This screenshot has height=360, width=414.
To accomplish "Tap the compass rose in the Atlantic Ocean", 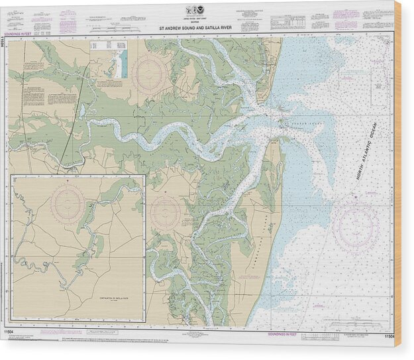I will [355, 225].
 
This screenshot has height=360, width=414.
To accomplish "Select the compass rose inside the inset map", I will [68, 201].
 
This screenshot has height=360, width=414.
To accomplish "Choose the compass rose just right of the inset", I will [166, 212].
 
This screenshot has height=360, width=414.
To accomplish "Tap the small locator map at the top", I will [119, 61].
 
